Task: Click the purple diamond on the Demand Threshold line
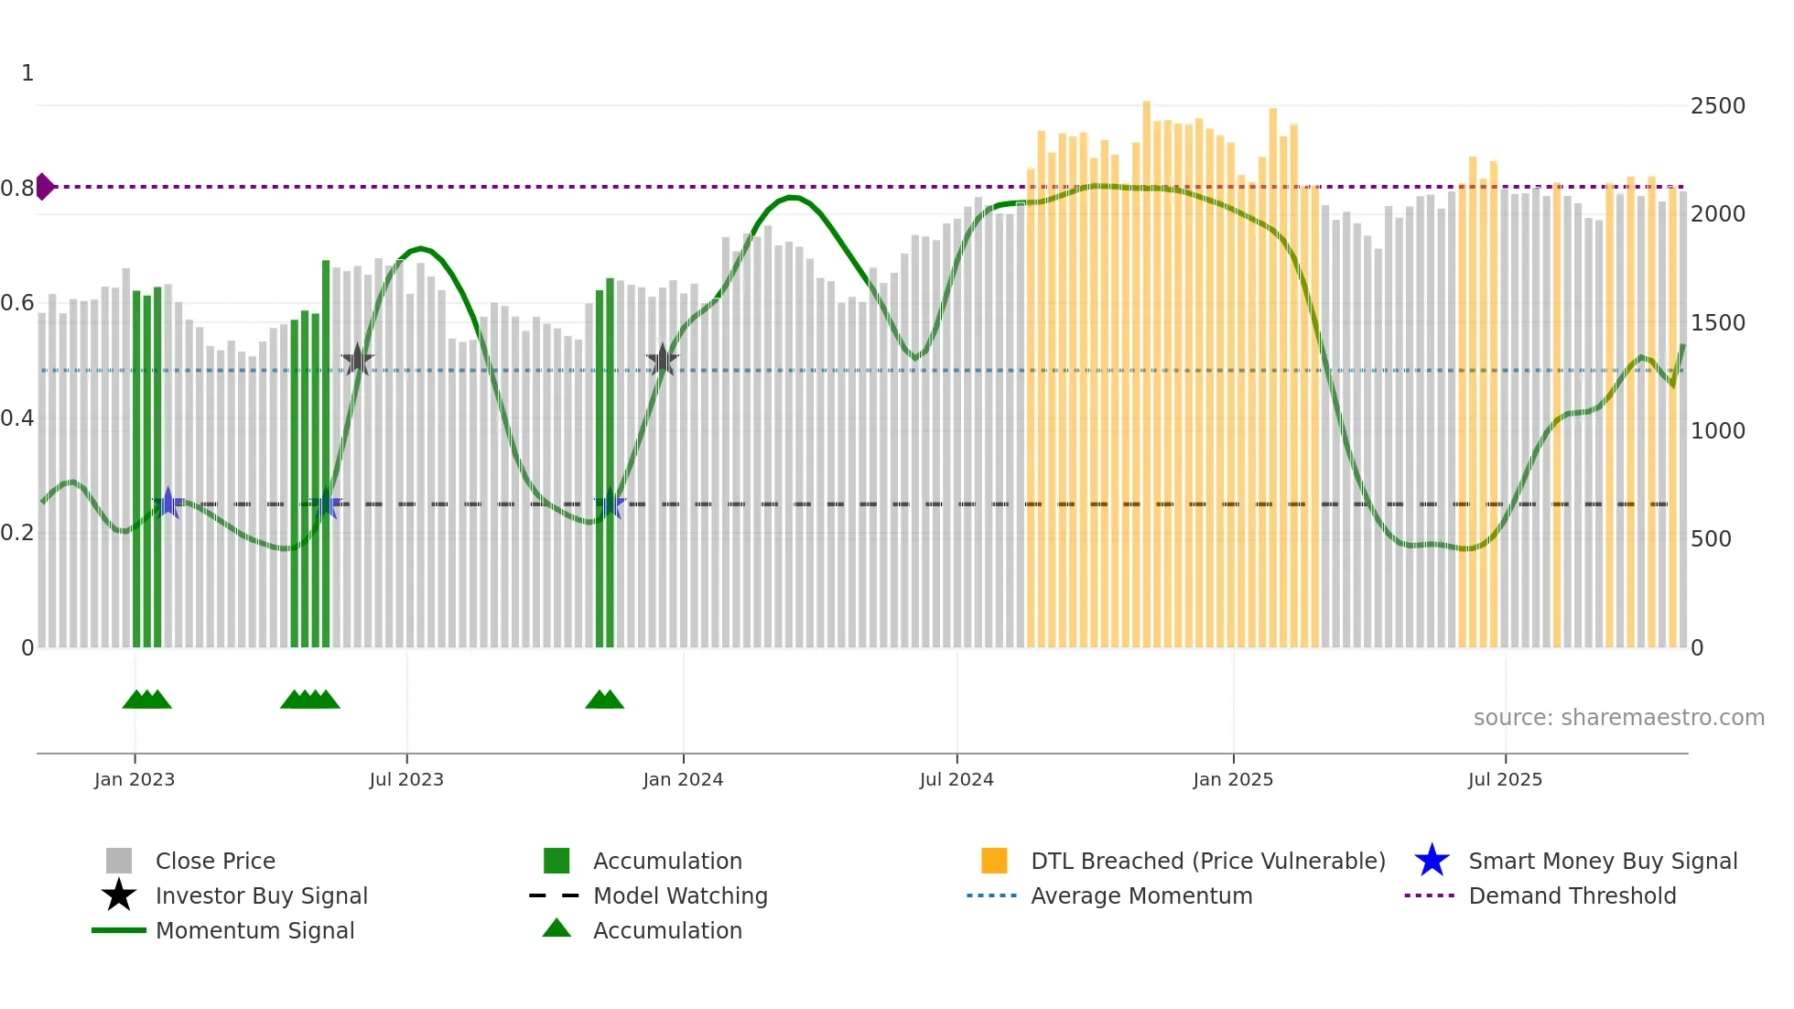coord(44,187)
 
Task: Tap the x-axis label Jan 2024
coord(683,779)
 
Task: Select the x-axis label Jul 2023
coord(406,779)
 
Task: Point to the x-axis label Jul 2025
coord(1505,779)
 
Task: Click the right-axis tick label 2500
coord(1717,106)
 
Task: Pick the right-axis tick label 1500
coord(1717,323)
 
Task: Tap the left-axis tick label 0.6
coord(17,303)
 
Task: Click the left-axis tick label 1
coord(27,73)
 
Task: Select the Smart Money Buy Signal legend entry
coord(1602,861)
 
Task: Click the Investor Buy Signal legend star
coord(119,895)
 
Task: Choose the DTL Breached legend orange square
coord(994,861)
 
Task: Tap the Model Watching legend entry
coord(679,895)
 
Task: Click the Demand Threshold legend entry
coord(1572,895)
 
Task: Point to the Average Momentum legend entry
coord(1140,895)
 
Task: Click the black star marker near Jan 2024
coord(662,361)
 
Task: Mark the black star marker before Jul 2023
coord(357,361)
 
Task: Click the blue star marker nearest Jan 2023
coord(168,503)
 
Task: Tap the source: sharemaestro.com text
coord(1618,718)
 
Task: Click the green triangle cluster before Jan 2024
coord(604,700)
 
